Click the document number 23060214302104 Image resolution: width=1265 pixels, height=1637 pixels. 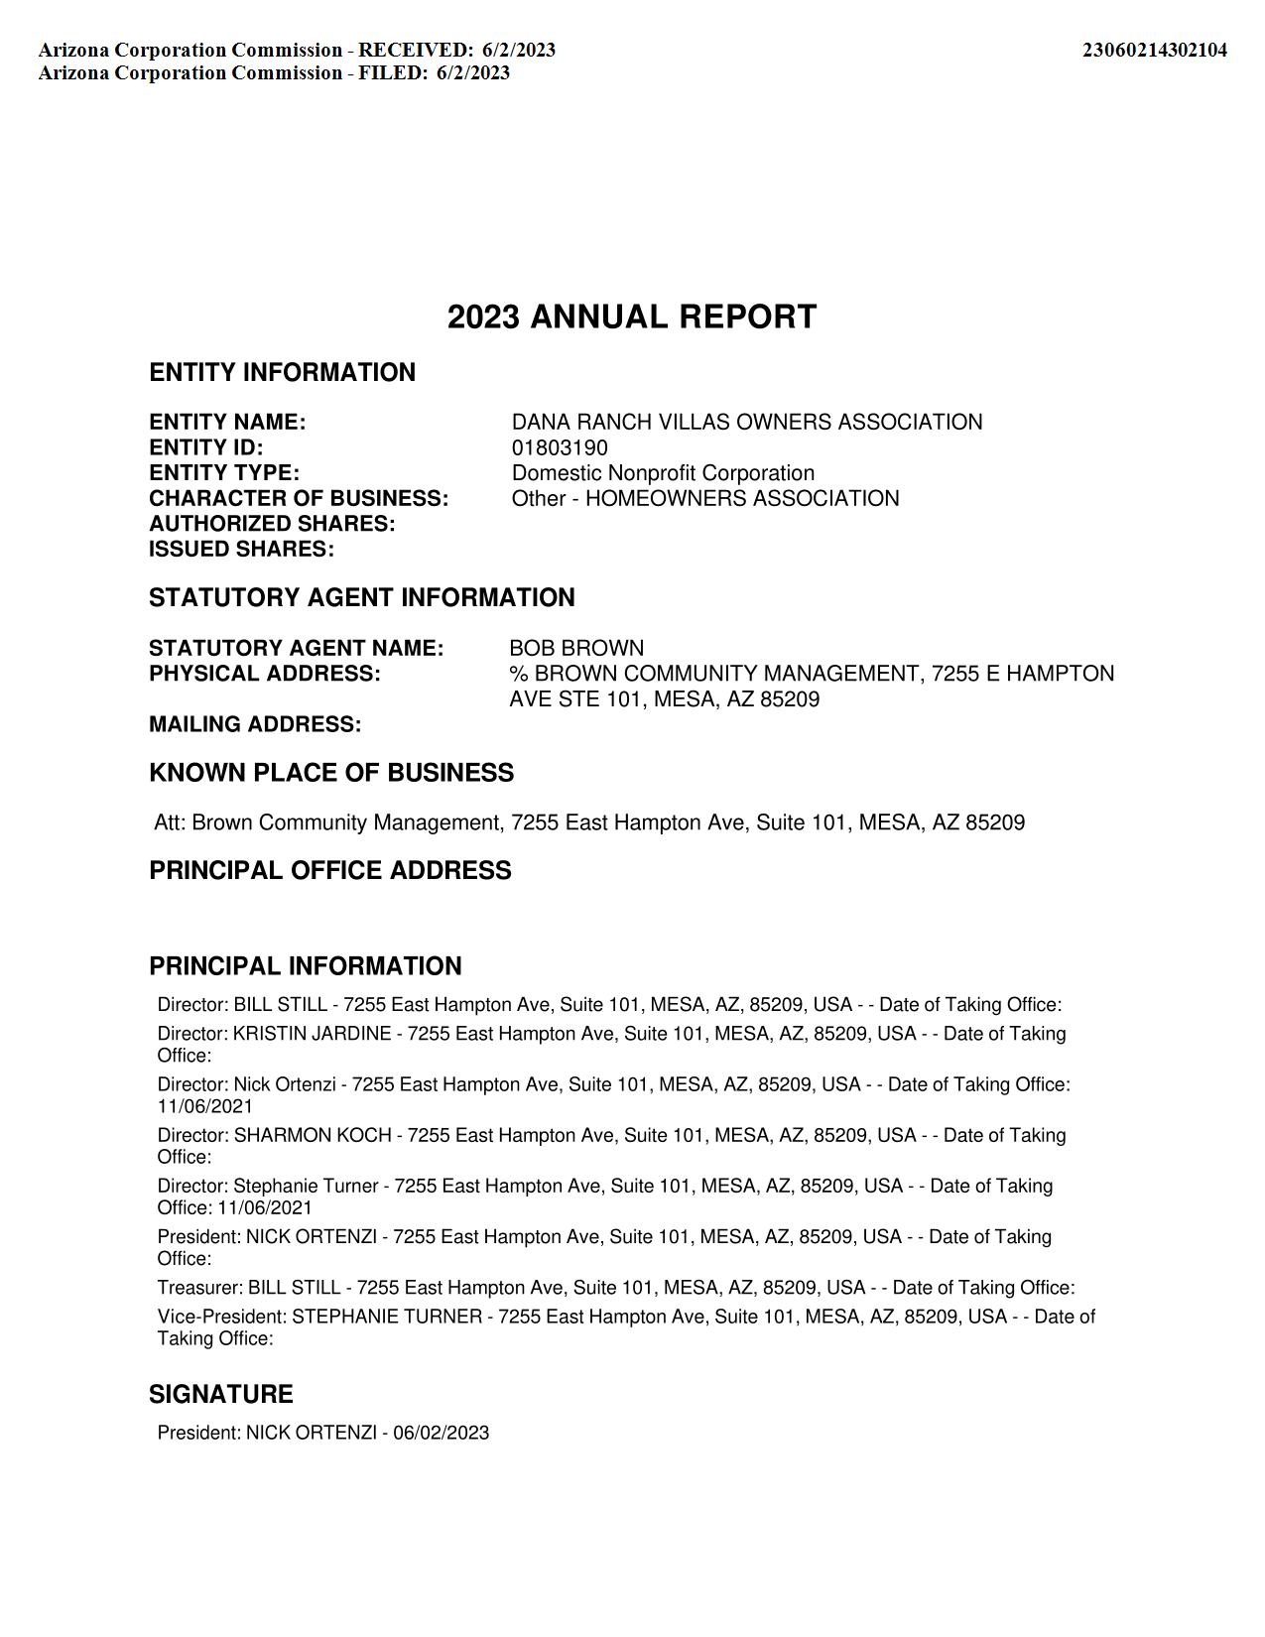1154,50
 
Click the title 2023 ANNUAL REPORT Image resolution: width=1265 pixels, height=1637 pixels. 632,317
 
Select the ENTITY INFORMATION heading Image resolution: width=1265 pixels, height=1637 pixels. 282,373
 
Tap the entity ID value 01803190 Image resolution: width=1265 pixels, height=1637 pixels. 560,448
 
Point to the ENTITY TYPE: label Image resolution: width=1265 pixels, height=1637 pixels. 224,473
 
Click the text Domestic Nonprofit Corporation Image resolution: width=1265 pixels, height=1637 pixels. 663,473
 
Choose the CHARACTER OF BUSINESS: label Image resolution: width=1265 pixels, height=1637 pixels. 299,499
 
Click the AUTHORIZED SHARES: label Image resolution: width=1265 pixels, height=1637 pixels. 272,524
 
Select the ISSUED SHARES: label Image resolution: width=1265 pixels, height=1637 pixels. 241,550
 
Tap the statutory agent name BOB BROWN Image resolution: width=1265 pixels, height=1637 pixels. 576,649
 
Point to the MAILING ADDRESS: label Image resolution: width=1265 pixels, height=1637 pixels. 255,725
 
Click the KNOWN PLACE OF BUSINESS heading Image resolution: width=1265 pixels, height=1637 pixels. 331,774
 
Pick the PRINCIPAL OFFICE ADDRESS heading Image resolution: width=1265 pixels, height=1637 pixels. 330,871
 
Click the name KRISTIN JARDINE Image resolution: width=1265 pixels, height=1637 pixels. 312,1034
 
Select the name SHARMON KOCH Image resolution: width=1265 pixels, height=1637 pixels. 313,1136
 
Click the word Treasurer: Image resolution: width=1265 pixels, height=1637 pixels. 199,1289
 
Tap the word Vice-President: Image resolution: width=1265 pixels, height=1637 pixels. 221,1318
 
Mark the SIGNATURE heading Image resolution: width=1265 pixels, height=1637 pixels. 220,1395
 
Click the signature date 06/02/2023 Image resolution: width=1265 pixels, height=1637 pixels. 441,1434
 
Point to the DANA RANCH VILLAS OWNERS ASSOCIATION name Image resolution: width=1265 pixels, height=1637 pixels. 747,423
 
